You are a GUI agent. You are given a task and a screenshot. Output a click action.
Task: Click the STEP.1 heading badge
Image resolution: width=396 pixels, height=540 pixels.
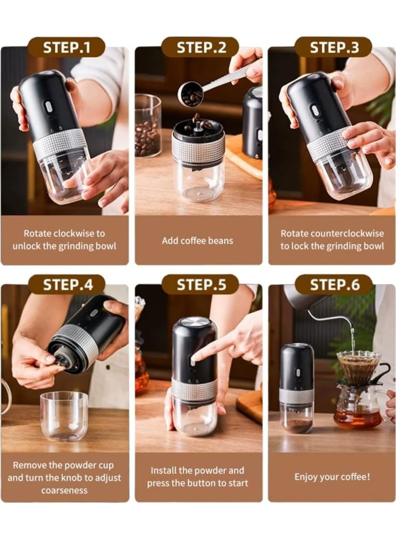[x=66, y=48]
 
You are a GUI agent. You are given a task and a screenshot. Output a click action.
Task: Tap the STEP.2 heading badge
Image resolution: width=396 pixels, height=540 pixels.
[x=200, y=48]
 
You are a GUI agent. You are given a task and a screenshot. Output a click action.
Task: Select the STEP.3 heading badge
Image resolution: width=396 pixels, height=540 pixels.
[x=333, y=48]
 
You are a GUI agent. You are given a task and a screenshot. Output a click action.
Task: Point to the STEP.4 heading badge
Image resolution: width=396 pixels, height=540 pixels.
[x=66, y=285]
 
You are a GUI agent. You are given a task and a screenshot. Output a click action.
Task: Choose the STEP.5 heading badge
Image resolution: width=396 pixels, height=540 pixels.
[x=200, y=285]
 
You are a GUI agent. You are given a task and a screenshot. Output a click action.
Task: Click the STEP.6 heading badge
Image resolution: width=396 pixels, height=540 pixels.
[x=333, y=285]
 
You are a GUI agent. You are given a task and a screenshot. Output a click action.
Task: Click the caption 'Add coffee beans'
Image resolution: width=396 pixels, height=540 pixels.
[x=198, y=241]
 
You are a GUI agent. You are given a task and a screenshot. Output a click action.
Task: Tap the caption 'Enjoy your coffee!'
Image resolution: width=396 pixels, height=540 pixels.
[x=332, y=477]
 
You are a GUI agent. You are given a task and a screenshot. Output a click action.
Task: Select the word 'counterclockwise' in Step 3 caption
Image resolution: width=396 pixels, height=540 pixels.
[x=355, y=233]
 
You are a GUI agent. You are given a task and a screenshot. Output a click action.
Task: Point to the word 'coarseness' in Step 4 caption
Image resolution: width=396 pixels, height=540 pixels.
[x=64, y=491]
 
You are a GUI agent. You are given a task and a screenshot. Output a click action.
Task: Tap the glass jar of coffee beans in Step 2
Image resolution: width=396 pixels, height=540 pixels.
[x=148, y=126]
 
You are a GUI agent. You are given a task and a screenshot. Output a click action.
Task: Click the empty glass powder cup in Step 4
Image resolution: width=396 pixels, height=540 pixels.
[x=64, y=416]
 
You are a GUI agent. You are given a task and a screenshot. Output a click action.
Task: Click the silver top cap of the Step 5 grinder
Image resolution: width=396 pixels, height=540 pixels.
[x=194, y=322]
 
